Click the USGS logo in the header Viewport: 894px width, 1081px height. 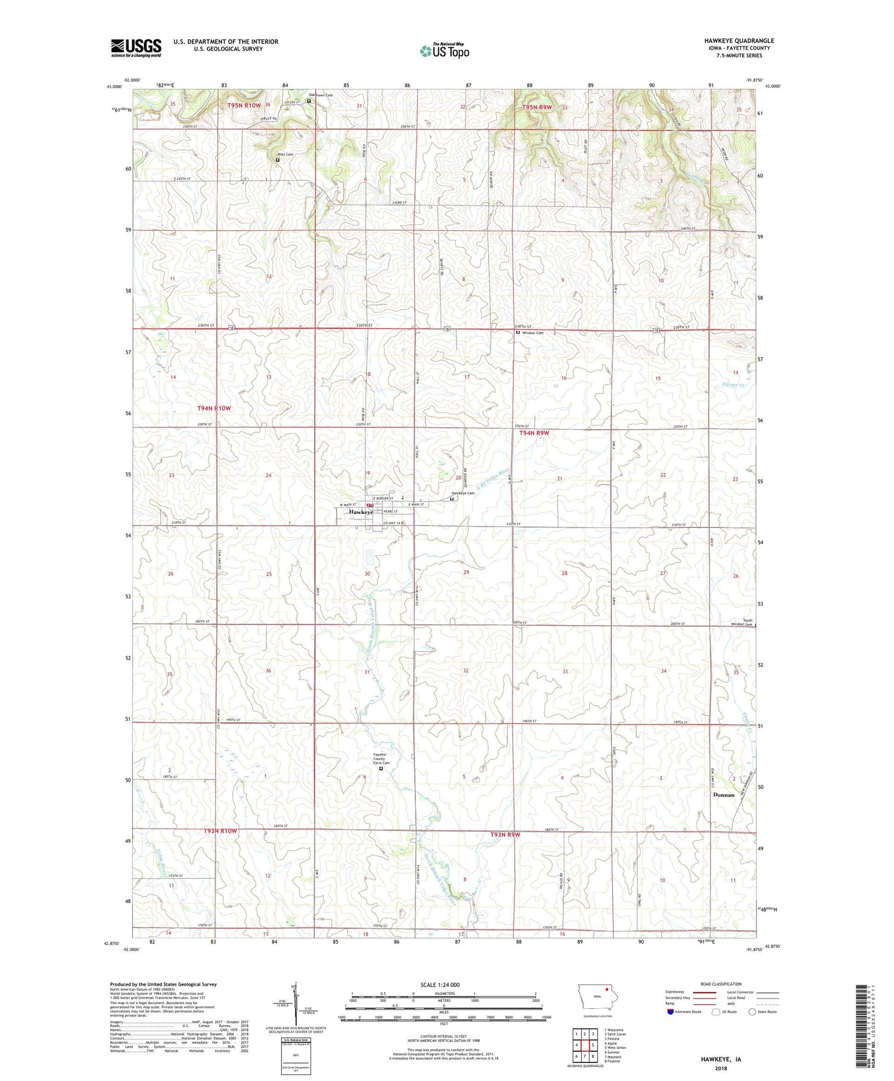[x=136, y=48]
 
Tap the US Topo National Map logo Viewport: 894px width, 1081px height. [x=445, y=51]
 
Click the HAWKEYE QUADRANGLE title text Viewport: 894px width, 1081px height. [x=738, y=41]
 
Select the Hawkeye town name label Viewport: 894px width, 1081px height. [x=361, y=512]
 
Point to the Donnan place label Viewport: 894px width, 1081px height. [x=724, y=795]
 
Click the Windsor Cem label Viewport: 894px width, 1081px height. [x=532, y=333]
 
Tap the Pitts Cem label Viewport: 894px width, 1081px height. [x=284, y=154]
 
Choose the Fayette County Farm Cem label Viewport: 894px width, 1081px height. [x=381, y=758]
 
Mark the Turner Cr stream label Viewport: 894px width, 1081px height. [x=733, y=385]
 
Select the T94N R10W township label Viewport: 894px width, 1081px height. [x=213, y=408]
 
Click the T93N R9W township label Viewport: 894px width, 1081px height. [x=505, y=834]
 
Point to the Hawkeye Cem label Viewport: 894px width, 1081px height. [x=462, y=493]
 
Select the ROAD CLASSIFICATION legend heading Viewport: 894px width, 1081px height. [x=721, y=984]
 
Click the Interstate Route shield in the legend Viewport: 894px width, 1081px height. [x=670, y=1012]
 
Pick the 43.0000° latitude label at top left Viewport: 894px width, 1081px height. [x=114, y=87]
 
